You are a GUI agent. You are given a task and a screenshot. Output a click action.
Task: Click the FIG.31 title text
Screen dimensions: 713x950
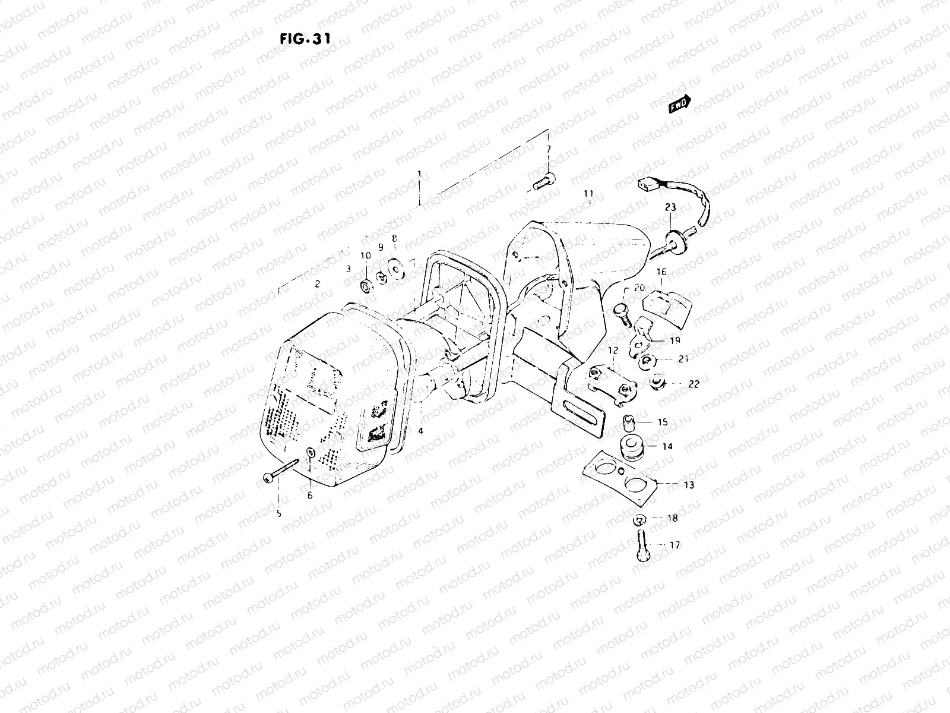(x=305, y=38)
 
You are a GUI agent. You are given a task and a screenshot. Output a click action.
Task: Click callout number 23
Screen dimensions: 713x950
(x=670, y=207)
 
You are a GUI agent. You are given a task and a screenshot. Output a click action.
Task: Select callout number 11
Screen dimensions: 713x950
(x=588, y=194)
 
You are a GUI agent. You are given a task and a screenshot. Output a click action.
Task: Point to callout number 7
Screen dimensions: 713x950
(x=548, y=148)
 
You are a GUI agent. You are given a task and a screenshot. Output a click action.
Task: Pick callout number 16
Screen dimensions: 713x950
(x=661, y=272)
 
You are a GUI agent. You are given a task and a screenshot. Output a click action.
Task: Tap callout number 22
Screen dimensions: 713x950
(x=693, y=384)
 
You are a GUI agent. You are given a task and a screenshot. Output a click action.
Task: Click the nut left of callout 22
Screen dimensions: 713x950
(x=657, y=383)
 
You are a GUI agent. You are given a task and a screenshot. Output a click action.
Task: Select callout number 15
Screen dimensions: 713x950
(x=663, y=422)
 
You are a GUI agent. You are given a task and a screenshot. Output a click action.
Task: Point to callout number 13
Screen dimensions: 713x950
(x=688, y=485)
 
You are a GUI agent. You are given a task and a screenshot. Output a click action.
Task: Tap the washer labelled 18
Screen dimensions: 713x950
(x=638, y=519)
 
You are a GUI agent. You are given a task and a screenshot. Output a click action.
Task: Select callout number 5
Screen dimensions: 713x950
(x=278, y=514)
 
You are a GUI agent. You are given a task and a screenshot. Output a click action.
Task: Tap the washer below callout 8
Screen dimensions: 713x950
(x=393, y=269)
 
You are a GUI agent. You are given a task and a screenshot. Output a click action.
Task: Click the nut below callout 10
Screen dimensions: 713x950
(x=366, y=288)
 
